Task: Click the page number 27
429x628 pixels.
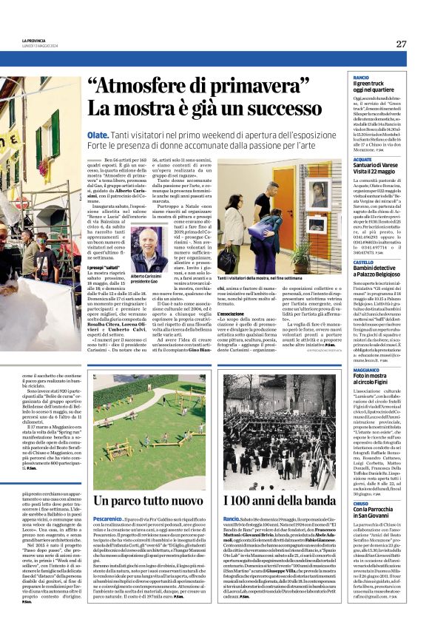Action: coord(401,44)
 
